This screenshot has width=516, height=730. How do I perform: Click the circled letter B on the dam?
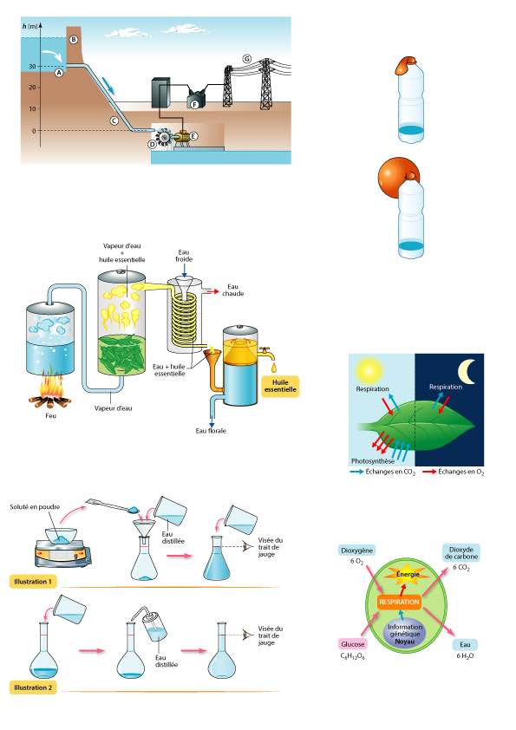coord(73,40)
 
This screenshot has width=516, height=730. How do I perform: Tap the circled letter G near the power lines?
coord(247,59)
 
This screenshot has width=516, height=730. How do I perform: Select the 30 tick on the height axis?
coord(32,67)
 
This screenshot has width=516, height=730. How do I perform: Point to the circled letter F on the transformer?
coord(195,105)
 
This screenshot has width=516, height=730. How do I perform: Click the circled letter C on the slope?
coord(114,121)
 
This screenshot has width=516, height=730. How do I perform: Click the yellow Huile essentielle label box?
coord(280,386)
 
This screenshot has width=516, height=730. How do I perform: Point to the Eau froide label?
coord(184,256)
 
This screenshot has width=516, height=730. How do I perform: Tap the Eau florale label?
coord(211,431)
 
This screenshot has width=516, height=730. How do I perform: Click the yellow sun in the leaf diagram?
coord(369,370)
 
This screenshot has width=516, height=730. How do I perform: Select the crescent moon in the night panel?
coord(467,372)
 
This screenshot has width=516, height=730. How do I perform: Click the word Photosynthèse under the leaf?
coord(373,461)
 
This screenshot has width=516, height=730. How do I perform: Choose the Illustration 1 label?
coord(33,582)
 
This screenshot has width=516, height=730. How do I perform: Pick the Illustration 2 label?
coord(33,688)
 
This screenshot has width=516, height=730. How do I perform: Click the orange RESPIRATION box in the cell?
coord(399,602)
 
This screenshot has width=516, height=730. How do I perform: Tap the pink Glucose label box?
coord(353,644)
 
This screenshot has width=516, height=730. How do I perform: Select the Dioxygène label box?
coord(356,551)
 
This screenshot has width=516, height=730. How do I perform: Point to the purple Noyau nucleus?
coord(404,634)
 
